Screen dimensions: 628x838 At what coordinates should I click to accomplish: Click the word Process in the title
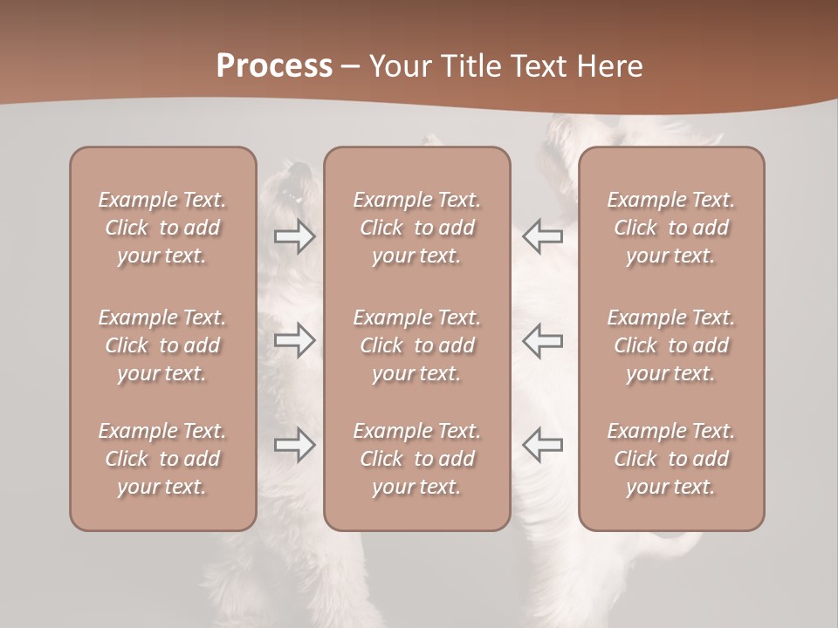[274, 66]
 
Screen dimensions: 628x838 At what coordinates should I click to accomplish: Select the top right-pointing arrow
[294, 236]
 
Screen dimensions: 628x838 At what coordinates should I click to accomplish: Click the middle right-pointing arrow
[294, 340]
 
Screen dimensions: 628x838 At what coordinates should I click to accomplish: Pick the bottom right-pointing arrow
[294, 445]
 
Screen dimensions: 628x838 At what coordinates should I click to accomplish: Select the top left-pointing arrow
[543, 236]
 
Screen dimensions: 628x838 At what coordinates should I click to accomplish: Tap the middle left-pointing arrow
[543, 340]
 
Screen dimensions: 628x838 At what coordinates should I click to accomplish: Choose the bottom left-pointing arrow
[543, 445]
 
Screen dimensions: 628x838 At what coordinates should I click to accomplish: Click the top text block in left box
[162, 228]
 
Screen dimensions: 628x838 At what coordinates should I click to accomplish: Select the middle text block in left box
[162, 345]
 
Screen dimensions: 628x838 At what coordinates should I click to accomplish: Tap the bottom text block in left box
[162, 459]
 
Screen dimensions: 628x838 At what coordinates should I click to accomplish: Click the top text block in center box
[416, 228]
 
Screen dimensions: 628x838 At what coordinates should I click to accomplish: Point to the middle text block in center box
[416, 345]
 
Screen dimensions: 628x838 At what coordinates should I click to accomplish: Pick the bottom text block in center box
[416, 459]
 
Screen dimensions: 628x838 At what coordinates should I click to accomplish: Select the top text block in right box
[670, 228]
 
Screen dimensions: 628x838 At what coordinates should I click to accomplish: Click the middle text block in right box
[670, 345]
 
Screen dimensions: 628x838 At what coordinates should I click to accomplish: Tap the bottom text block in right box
[670, 459]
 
